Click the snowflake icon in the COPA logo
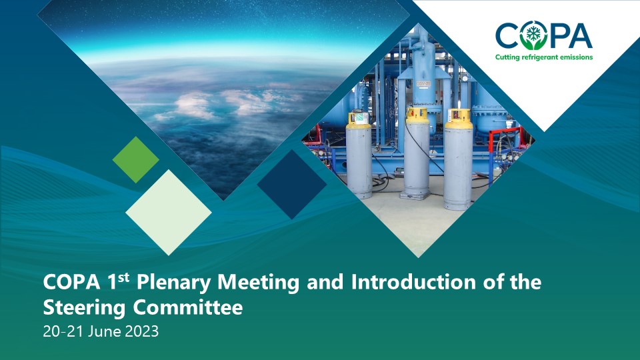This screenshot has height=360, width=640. coord(532,33)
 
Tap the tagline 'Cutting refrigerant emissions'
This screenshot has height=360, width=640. coord(544,57)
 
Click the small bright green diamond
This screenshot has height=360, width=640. coord(136,159)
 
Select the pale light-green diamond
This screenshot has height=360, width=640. coord(169,212)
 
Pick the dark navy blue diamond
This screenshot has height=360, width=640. coord(292,184)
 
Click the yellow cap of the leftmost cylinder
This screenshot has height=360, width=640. coord(359,119)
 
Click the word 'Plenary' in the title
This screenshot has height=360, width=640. coord(175,283)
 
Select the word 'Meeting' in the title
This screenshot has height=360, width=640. coord(259,283)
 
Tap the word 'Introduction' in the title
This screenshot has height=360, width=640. coord(413,282)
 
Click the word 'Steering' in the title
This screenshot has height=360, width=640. coord(84,308)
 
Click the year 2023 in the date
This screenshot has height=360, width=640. coord(141,331)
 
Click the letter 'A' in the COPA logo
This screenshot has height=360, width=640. coord(579,35)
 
